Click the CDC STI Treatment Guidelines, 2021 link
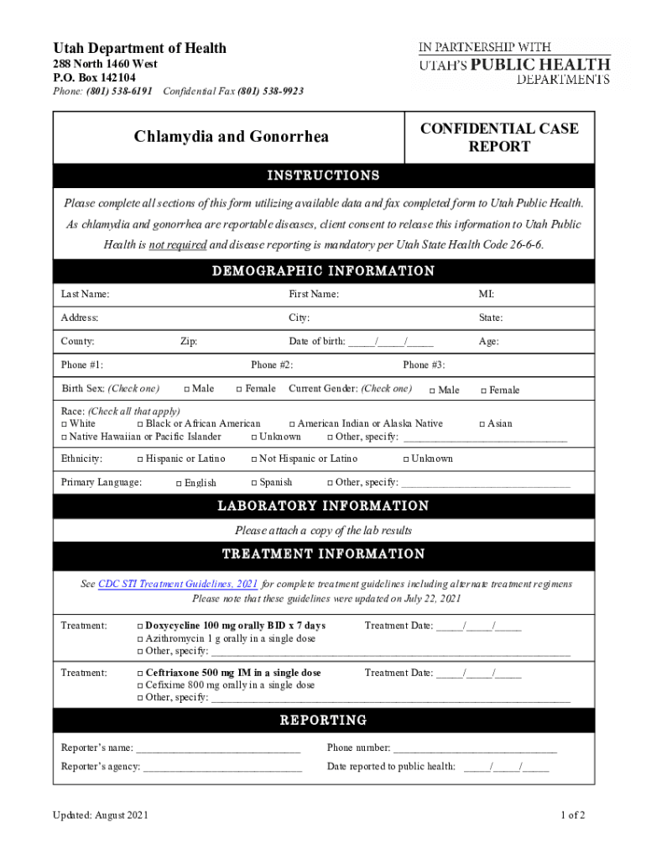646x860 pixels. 178,585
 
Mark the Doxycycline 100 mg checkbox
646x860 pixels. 139,626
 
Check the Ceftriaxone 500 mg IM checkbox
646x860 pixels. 139,673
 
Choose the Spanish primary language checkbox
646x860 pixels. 254,483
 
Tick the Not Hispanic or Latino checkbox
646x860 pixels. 254,459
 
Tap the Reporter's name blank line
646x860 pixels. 217,748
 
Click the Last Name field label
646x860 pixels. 85,294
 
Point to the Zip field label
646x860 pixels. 189,341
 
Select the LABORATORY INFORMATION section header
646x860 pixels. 323,506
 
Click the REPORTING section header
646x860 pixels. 323,720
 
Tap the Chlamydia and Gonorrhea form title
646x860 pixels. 231,137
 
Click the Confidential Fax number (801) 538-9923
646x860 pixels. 270,91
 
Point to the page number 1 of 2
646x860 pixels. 572,815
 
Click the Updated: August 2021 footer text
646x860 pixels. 101,815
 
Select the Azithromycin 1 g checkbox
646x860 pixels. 139,638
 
